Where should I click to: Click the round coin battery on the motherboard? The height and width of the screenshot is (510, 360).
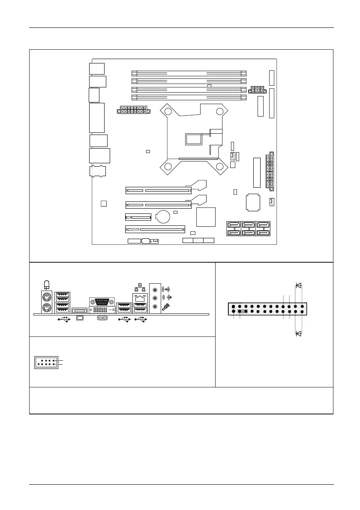click(x=163, y=216)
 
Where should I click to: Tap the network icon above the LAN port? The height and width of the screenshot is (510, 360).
click(x=138, y=285)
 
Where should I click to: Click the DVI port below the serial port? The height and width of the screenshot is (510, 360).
click(x=101, y=309)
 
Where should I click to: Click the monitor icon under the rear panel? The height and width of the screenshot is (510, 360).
click(x=80, y=318)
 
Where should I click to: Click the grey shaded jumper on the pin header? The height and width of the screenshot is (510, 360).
click(x=243, y=312)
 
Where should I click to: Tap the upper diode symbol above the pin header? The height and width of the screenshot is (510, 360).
click(x=299, y=285)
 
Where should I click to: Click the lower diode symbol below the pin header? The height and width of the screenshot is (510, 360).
click(x=299, y=333)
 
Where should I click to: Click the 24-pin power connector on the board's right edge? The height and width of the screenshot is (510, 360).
click(x=269, y=171)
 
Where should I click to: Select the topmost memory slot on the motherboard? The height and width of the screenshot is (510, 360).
click(x=189, y=73)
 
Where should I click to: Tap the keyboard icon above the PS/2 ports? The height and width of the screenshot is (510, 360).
click(x=46, y=284)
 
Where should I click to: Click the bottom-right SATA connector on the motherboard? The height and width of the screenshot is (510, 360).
click(x=263, y=232)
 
